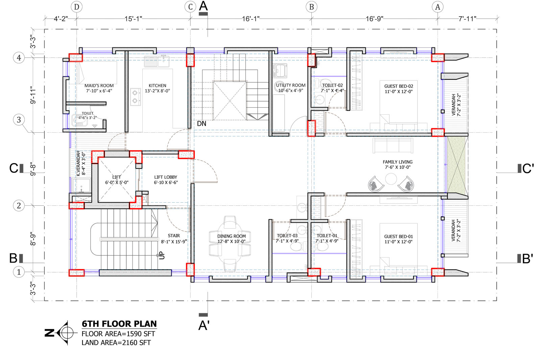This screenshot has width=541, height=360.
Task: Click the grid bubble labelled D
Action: point(76,7)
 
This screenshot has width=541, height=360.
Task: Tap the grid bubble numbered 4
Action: point(19,58)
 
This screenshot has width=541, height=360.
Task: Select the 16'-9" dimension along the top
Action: point(374,19)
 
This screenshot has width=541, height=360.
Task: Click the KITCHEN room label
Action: point(158,86)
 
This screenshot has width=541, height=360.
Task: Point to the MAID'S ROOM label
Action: point(99,86)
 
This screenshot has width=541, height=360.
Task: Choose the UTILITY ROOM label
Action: point(291,85)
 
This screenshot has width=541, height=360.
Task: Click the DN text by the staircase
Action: point(202,124)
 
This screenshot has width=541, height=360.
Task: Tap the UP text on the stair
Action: point(162,255)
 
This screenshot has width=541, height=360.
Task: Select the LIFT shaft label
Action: point(116,177)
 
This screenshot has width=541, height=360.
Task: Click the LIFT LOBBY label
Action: point(166,177)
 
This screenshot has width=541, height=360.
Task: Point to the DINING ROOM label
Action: point(231,236)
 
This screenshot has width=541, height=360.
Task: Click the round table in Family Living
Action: point(391,179)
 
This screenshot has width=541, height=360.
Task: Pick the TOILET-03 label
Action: point(287,235)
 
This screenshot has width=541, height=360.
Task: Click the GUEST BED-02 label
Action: point(399,86)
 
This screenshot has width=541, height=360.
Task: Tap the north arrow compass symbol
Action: point(66,333)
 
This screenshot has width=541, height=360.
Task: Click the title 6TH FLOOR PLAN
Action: point(119,324)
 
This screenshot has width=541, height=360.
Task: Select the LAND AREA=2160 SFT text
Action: point(116,343)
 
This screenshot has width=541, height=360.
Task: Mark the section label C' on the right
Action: point(528,168)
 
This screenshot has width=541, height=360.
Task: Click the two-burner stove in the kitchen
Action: point(136,97)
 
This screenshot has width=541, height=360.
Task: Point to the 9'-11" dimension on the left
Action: point(33,95)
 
